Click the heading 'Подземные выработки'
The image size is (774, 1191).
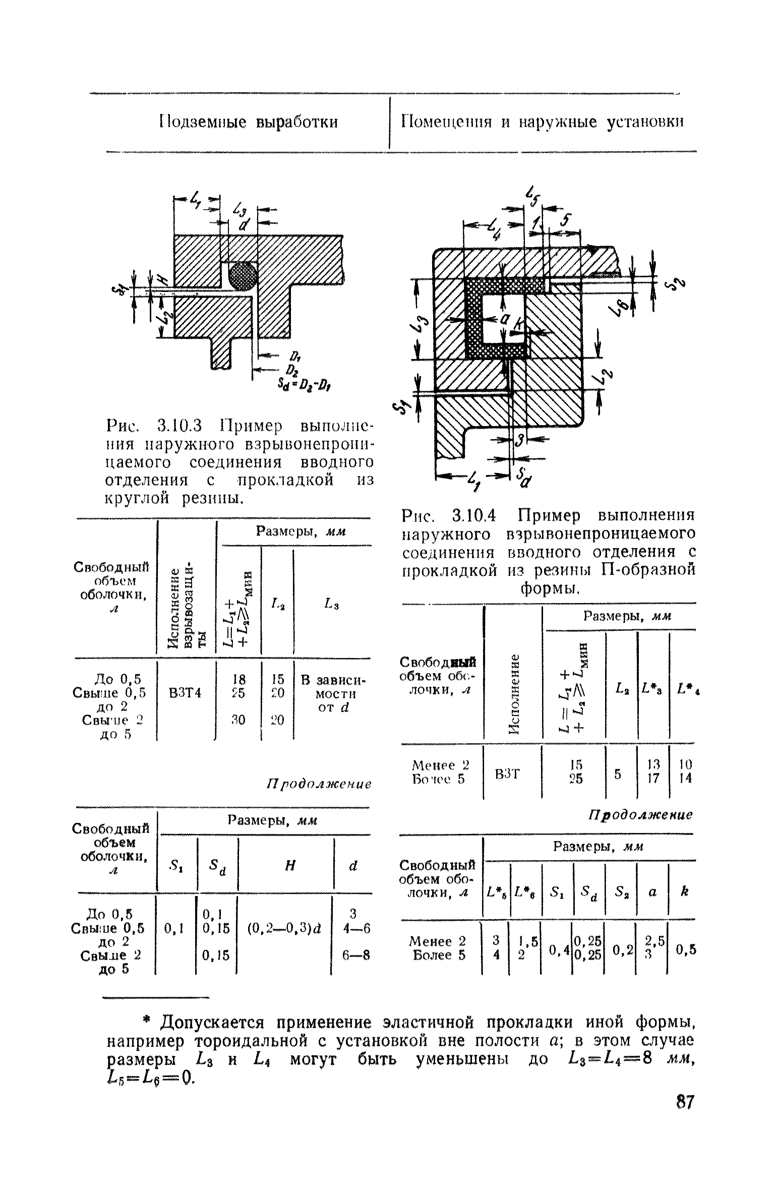coord(249,123)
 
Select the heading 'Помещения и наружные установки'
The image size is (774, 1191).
coord(542,123)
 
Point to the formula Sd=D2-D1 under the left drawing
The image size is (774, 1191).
coord(307,386)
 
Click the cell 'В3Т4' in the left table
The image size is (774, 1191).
coord(185,693)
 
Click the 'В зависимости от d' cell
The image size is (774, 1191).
coord(333,693)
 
